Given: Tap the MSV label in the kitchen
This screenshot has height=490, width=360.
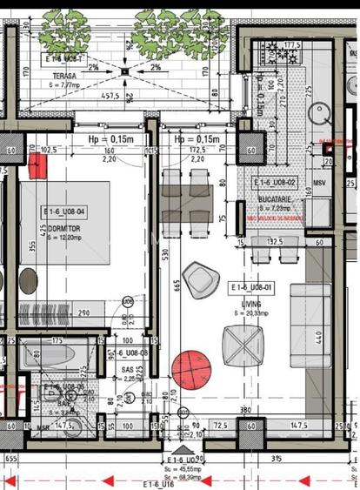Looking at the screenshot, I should [x=319, y=184].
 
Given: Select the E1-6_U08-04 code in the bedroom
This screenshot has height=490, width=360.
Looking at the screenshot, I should [x=63, y=211].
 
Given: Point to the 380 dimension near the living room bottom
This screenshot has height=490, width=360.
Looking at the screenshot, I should [x=246, y=411].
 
